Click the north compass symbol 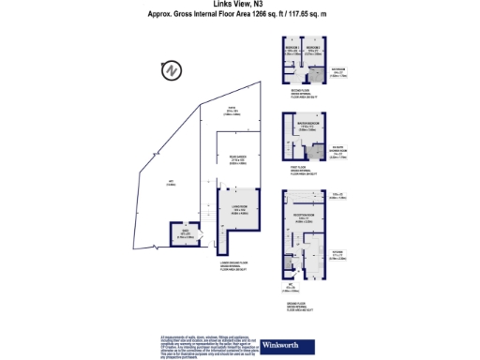pyautogui.click(x=170, y=70)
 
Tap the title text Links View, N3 pyautogui.click(x=239, y=5)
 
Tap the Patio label pyautogui.click(x=231, y=113)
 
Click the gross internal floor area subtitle pyautogui.click(x=239, y=14)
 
